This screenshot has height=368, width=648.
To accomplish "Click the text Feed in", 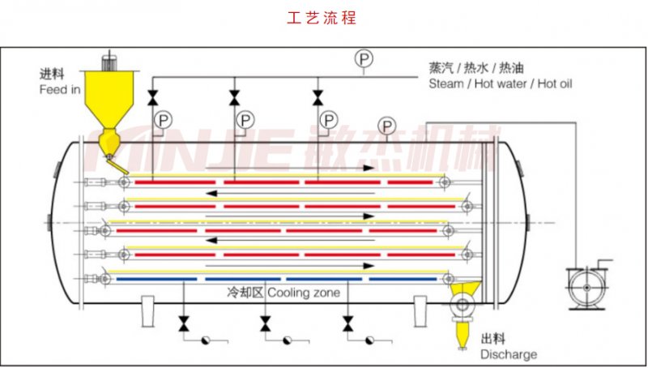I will click(60, 89).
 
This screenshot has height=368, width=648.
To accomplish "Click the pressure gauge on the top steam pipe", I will click(363, 58).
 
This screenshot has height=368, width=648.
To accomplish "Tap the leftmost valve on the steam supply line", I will click(152, 98).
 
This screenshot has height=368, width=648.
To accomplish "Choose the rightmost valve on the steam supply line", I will click(317, 98).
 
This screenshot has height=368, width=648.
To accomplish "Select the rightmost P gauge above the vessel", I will click(387, 125).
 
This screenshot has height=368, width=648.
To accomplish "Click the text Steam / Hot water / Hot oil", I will click(501, 83).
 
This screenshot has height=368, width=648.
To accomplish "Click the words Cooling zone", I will click(304, 293).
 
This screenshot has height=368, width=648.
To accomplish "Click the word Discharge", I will click(508, 354).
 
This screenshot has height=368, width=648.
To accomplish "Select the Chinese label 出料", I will click(493, 339).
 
